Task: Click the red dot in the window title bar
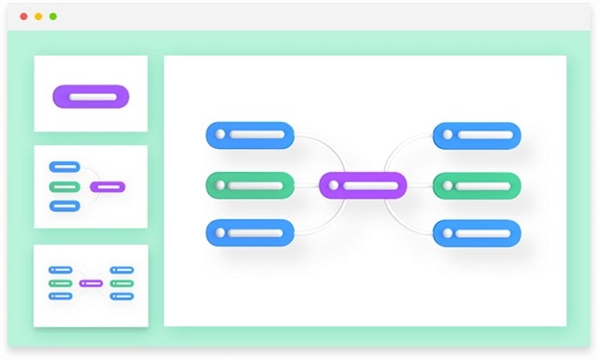[x=23, y=16]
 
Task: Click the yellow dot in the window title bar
[x=37, y=16]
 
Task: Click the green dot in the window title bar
[x=53, y=16]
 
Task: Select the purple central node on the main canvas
[x=363, y=185]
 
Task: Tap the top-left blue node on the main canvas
[x=250, y=134]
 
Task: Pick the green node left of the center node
[x=250, y=184]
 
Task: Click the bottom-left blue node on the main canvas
[x=250, y=232]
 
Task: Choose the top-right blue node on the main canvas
[x=477, y=134]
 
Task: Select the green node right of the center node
[x=477, y=184]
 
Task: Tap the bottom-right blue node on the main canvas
[x=477, y=232]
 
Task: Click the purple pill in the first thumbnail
[x=90, y=96]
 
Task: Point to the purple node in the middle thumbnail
[x=108, y=186]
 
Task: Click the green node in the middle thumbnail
[x=64, y=186]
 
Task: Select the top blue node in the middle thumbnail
[x=64, y=167]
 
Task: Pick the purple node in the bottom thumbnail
[x=91, y=283]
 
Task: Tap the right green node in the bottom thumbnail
[x=122, y=283]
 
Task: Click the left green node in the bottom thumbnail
[x=60, y=283]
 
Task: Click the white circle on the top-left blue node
[x=222, y=134]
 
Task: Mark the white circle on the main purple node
[x=335, y=185]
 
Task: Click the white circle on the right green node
[x=449, y=184]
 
